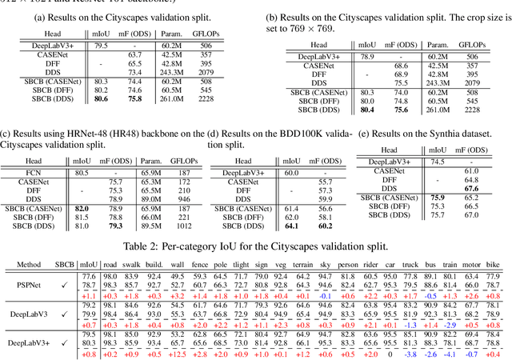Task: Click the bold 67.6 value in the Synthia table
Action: [x=472, y=188]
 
